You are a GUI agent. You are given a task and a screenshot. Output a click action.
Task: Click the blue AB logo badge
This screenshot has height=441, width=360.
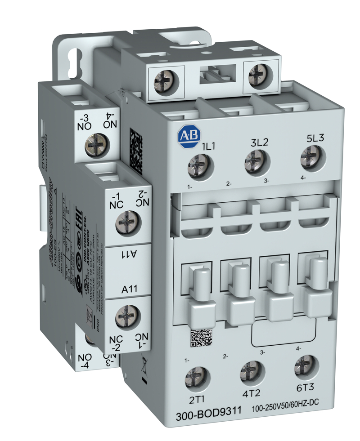pyautogui.click(x=187, y=137)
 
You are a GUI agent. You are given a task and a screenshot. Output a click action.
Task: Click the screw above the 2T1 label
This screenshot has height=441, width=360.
pyautogui.click(x=196, y=377)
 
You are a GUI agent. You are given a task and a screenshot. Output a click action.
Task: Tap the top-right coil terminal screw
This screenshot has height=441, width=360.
pyautogui.click(x=259, y=73)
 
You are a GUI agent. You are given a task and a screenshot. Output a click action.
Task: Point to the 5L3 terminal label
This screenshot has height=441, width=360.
pyautogui.click(x=315, y=138)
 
